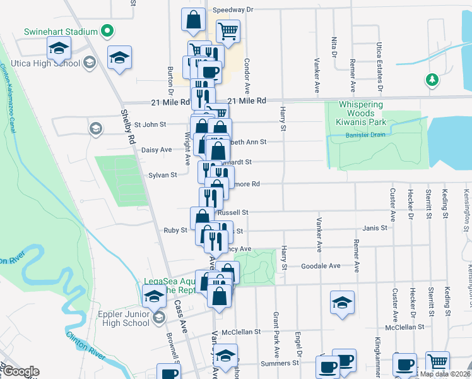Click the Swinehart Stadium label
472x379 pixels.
pyautogui.click(x=61, y=32)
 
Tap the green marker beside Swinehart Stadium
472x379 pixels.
pyautogui.click(x=107, y=30)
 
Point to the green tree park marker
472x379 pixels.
pyautogui.click(x=432, y=80)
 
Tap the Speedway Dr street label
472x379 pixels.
pyautogui.click(x=232, y=10)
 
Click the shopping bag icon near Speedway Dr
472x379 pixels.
pyautogui.click(x=193, y=20)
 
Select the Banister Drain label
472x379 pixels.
pyautogui.click(x=364, y=135)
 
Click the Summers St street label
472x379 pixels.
pyautogui.click(x=278, y=363)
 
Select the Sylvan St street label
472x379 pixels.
pyautogui.click(x=162, y=175)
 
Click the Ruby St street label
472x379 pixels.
pyautogui.click(x=175, y=231)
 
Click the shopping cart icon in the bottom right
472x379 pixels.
pyautogui.click(x=437, y=363)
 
